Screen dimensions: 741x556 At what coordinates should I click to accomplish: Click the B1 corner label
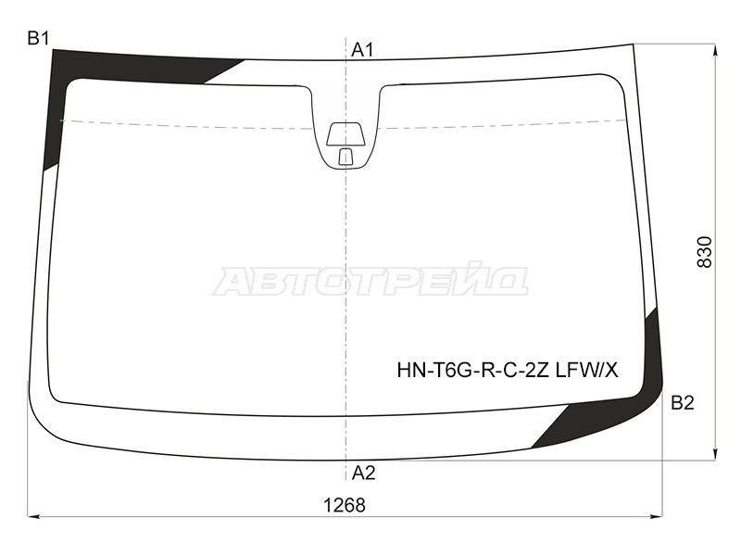(38, 38)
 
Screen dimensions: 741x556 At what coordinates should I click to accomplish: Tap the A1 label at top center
(362, 50)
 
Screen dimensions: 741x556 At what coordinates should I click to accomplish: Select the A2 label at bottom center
(363, 473)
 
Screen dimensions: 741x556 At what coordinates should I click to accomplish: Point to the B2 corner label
(683, 403)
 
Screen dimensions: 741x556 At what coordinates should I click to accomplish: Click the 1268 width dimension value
(345, 505)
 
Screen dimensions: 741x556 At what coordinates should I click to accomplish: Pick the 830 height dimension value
(704, 252)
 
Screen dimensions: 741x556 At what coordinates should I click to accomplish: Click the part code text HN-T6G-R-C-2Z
(473, 371)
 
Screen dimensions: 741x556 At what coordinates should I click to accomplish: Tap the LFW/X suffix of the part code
(586, 371)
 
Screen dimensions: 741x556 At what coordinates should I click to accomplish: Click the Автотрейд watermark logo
(370, 282)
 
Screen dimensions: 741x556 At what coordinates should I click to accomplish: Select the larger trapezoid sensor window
(345, 133)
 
